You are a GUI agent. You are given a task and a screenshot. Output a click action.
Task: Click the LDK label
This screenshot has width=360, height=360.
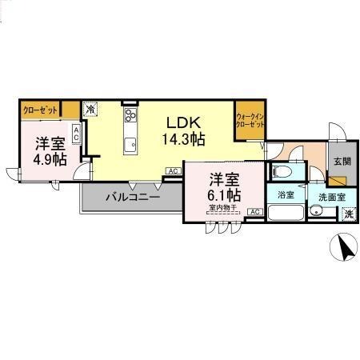click(182, 122)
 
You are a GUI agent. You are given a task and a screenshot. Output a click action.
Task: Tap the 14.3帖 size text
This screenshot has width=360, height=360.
click(185, 138)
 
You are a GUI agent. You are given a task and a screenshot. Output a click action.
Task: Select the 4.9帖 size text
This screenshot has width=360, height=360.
click(50, 158)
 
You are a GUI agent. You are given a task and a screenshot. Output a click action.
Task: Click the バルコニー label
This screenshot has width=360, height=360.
click(133, 195)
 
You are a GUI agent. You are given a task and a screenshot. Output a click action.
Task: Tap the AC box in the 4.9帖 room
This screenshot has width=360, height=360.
click(76, 134)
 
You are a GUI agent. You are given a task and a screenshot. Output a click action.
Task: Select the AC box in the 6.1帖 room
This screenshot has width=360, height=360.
click(254, 211)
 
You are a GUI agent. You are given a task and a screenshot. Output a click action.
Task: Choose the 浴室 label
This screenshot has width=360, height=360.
click(285, 194)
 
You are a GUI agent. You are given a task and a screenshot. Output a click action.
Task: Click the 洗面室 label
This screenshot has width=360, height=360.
click(330, 195)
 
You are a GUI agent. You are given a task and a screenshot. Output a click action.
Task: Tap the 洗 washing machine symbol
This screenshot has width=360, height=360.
click(349, 214)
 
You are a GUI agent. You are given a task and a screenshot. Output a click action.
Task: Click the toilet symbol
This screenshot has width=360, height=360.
click(281, 170)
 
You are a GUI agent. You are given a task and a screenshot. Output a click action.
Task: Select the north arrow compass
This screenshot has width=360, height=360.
click(346, 250)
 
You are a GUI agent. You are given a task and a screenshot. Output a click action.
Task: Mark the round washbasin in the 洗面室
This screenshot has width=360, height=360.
click(318, 210)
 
